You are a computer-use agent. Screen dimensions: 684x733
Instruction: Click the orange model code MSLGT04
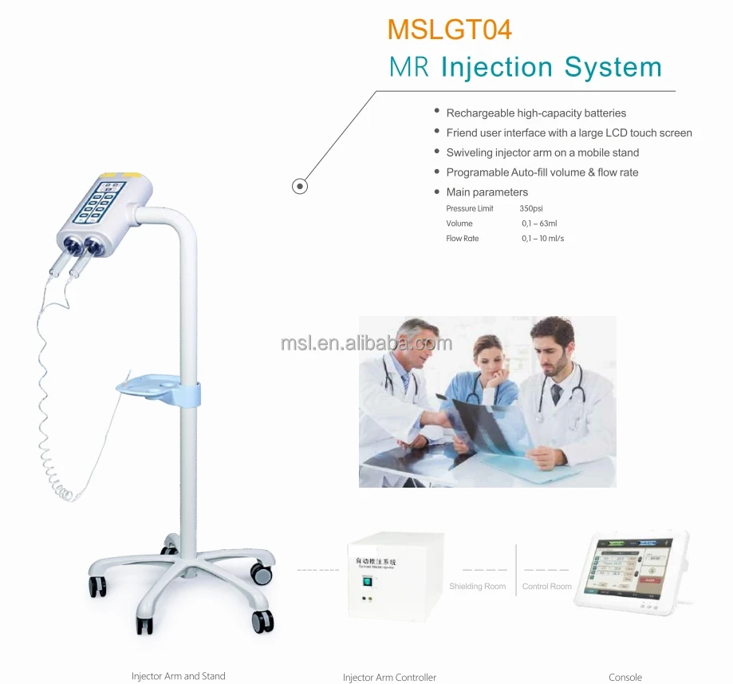pos(449,30)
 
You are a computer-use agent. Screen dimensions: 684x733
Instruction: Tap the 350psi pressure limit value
pos(531,208)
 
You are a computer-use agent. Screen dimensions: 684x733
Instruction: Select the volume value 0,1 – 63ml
pos(539,223)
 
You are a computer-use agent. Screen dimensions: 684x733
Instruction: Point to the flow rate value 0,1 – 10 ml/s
pos(542,239)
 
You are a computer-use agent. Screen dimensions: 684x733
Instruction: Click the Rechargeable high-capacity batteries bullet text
pos(536,113)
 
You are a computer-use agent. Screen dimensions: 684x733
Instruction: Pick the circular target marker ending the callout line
pos(299,187)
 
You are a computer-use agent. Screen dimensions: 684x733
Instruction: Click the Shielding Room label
pos(477,587)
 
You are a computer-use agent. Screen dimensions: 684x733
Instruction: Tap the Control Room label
pos(547,587)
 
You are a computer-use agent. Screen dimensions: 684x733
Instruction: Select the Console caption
pos(625,678)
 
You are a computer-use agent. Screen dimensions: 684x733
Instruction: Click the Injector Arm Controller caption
pos(389,678)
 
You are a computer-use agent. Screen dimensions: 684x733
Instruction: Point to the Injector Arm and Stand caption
pos(179,676)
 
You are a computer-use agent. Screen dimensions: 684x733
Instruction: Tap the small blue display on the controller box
pos(368,581)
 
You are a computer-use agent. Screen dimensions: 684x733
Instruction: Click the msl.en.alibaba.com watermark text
pos(366,343)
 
